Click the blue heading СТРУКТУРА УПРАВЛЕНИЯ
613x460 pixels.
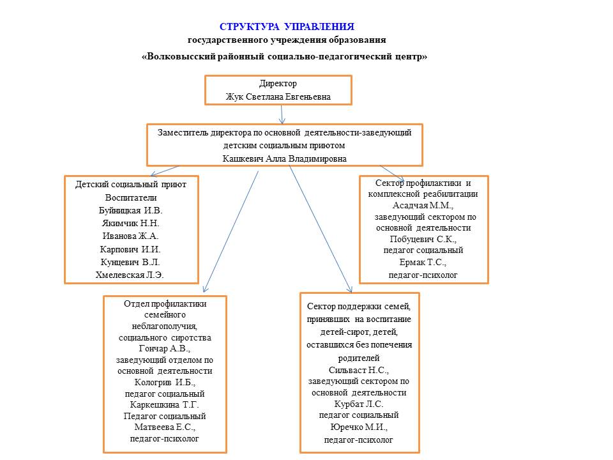click(x=287, y=27)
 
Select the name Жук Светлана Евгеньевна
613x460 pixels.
click(x=278, y=97)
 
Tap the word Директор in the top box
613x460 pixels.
click(x=278, y=84)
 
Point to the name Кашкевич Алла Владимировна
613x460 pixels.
click(x=285, y=158)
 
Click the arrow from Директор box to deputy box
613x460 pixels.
click(x=282, y=114)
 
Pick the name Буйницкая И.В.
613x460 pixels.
click(x=131, y=210)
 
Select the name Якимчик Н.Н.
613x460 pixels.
click(x=130, y=223)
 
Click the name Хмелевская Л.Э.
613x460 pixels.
click(x=130, y=275)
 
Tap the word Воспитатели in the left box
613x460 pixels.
click(x=131, y=197)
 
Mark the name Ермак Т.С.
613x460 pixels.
click(x=423, y=263)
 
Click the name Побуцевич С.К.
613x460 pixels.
click(x=423, y=239)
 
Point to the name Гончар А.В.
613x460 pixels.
click(x=164, y=349)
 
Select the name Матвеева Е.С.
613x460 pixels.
click(x=164, y=427)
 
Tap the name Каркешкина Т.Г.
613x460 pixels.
click(x=164, y=404)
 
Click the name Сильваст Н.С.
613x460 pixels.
click(x=359, y=370)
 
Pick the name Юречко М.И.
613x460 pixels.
click(x=359, y=427)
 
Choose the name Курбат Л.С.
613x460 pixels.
click(x=359, y=404)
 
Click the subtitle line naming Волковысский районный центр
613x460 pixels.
click(x=284, y=56)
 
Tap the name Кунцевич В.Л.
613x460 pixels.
click(x=130, y=262)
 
